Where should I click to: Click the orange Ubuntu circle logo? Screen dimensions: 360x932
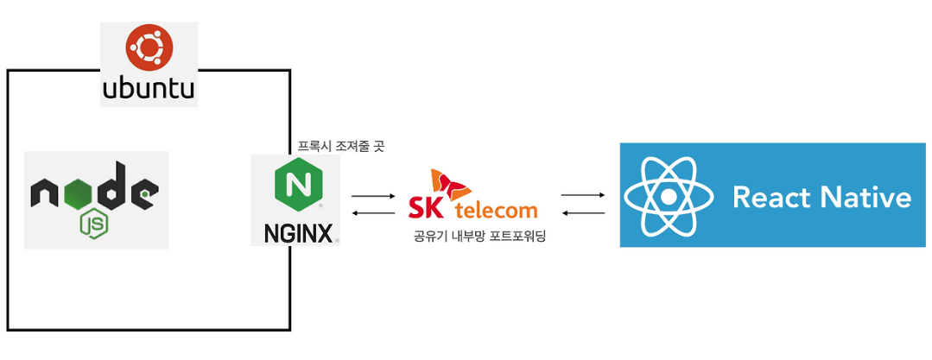click(149, 48)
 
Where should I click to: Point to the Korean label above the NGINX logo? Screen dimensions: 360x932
click(341, 146)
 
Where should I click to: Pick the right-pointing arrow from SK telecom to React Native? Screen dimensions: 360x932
click(583, 195)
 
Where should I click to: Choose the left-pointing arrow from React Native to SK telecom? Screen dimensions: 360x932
click(583, 212)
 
